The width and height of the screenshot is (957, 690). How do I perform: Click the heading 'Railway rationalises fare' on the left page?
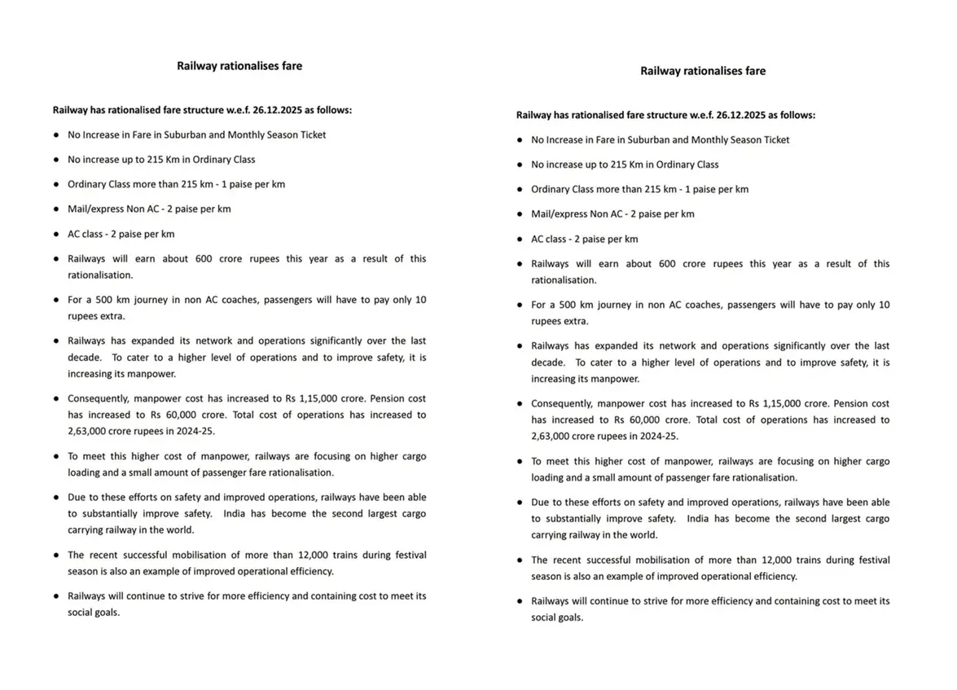coord(239,66)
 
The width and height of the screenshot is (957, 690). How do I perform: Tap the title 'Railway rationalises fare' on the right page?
coord(703,71)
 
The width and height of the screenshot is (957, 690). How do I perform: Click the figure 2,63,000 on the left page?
coord(89,431)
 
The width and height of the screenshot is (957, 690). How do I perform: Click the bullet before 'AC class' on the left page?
coord(56,234)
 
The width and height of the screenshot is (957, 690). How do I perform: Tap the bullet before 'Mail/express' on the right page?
coord(520,214)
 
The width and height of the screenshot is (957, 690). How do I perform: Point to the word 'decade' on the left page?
coord(84,357)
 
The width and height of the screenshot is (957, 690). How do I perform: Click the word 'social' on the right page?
coord(544,617)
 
